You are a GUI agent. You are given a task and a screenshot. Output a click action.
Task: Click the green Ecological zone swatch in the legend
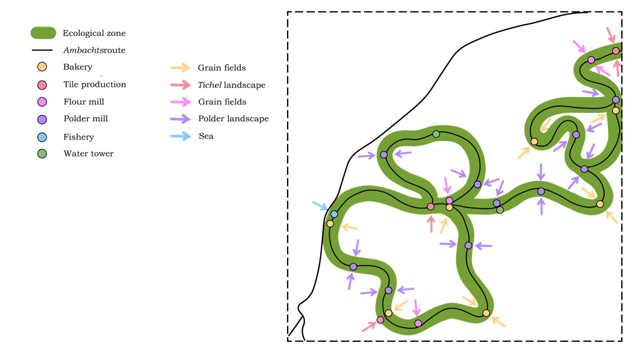tap(43, 33)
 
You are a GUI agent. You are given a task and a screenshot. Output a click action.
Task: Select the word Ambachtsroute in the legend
tap(94, 50)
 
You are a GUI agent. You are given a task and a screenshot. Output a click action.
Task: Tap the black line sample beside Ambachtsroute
tap(42, 50)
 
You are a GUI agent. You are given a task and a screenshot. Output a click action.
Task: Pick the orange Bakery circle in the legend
tap(42, 67)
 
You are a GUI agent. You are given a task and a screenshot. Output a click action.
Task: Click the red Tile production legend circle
tap(42, 85)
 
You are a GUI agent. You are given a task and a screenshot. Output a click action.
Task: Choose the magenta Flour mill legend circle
tap(42, 102)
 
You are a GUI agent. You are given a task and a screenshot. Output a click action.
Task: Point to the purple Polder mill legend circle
tap(42, 119)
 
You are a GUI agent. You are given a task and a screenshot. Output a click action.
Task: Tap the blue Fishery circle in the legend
tap(42, 137)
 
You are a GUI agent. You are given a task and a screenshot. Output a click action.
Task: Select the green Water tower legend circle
tap(42, 153)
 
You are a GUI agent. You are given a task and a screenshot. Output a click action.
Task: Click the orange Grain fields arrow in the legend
tap(180, 67)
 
